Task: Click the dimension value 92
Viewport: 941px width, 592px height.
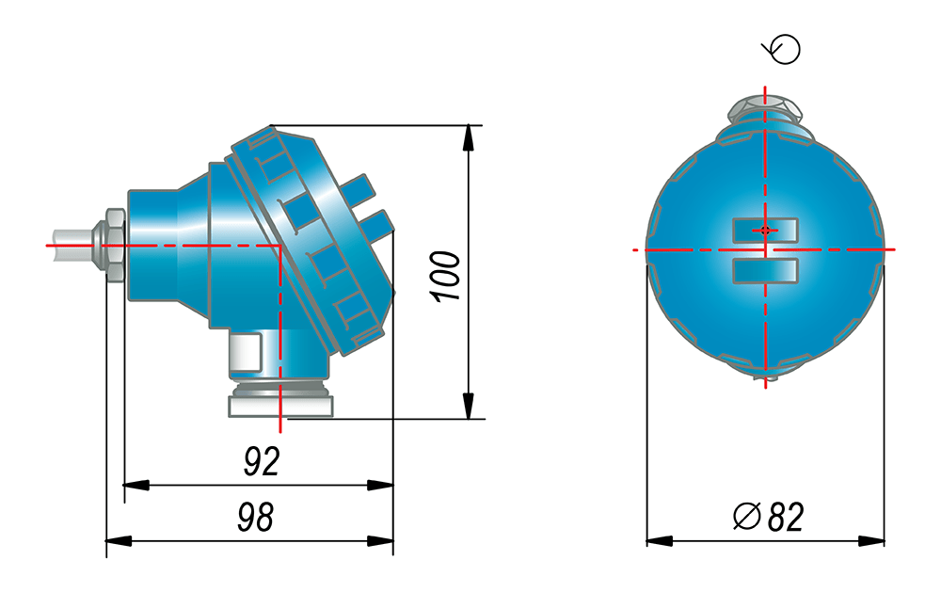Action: click(262, 461)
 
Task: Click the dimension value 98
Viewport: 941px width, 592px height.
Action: click(256, 517)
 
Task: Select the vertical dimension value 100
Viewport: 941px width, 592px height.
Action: click(446, 276)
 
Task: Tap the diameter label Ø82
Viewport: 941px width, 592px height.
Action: click(768, 517)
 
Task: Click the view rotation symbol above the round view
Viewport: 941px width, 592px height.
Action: click(782, 49)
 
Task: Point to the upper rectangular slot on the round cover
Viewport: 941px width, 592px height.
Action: click(765, 231)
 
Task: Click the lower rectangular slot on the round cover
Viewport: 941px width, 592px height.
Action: click(765, 271)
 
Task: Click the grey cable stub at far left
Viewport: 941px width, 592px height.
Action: click(73, 245)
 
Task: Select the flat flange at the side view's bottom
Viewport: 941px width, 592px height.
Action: click(280, 406)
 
